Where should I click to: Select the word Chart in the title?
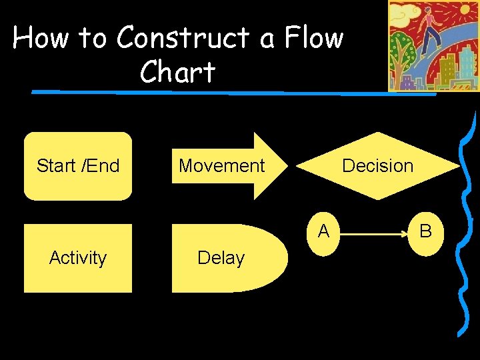(x=177, y=72)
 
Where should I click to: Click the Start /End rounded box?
(x=78, y=166)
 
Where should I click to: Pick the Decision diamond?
(x=377, y=166)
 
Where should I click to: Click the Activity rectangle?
(x=78, y=258)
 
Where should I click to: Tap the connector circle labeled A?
(x=323, y=232)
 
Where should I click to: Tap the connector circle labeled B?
(x=425, y=232)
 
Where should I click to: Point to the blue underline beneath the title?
(x=233, y=93)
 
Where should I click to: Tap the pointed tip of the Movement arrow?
(x=287, y=166)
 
